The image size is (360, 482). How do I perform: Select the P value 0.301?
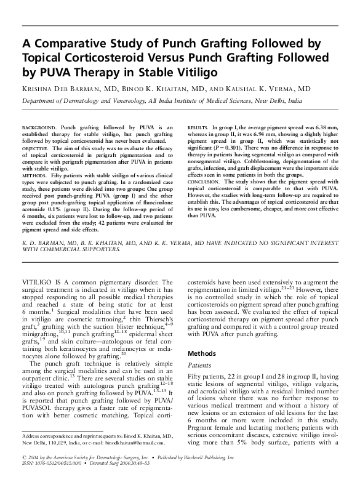point(233,148)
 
